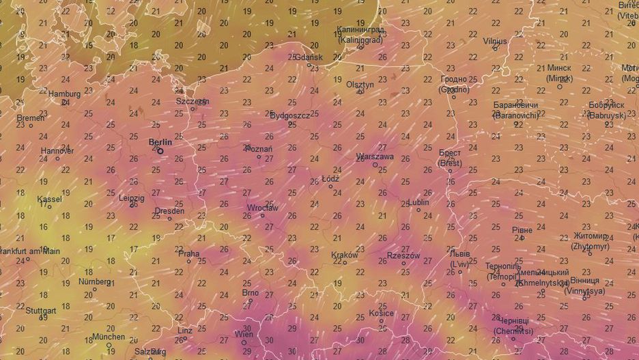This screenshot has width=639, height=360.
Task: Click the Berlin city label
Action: coord(160,142)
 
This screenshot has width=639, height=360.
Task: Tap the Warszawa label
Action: coord(375,156)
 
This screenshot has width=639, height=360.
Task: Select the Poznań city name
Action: coord(258,149)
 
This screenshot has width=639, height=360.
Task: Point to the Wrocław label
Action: coord(262,208)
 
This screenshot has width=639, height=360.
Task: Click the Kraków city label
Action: coord(344,255)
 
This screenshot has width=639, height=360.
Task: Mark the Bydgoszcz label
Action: coord(290,115)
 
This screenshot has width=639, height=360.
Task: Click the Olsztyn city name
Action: coord(360,85)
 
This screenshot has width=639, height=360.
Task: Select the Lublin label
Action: coord(418,202)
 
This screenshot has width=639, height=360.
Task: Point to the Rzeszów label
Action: coord(402,255)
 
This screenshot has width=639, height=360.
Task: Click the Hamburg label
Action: coord(64,94)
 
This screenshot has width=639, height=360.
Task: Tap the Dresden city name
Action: coord(169,211)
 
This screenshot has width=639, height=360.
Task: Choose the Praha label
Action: coord(188,253)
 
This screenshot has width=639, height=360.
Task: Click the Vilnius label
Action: coord(495,41)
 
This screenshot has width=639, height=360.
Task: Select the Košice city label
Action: coord(382,314)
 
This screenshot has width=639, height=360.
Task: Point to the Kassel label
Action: coord(49,199)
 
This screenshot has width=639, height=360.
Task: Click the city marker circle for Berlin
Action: coord(160,151)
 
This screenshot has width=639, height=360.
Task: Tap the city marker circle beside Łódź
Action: coord(331,186)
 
